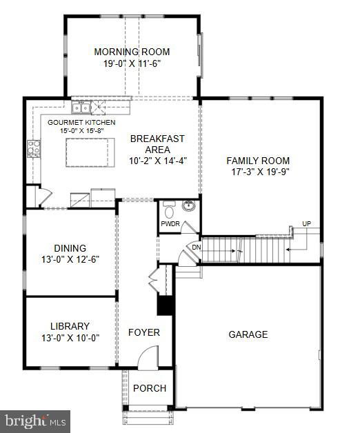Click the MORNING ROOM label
click(132, 52)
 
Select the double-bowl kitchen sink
click(83, 107)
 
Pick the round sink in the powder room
click(188, 205)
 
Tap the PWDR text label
click(170, 224)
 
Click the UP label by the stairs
click(306, 223)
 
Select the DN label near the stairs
click(195, 247)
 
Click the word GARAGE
click(248, 334)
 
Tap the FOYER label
click(144, 332)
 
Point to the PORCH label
click(150, 388)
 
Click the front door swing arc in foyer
click(148, 357)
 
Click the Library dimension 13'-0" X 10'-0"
click(70, 338)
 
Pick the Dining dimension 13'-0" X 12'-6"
click(70, 260)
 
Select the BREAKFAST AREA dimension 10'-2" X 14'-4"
click(158, 161)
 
